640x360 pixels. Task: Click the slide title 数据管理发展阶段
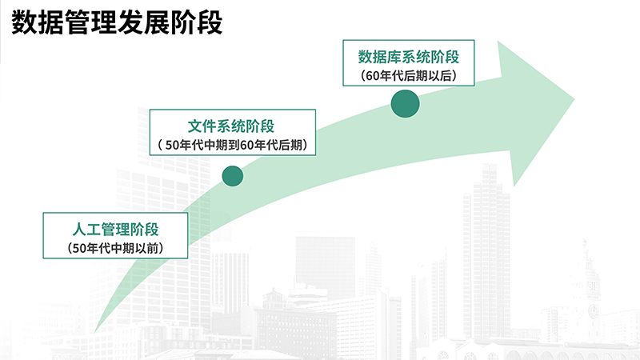click(x=117, y=22)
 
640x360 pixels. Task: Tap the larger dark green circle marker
click(x=405, y=104)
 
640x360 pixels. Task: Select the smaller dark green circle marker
click(x=233, y=176)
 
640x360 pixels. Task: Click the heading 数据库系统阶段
click(x=409, y=57)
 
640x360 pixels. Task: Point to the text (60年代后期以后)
click(x=409, y=75)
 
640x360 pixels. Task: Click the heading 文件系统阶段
click(x=231, y=126)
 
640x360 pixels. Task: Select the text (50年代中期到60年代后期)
click(x=233, y=145)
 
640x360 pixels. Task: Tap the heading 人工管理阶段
click(x=115, y=230)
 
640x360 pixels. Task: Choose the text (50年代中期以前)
click(x=115, y=248)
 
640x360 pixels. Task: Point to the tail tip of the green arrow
click(x=94, y=331)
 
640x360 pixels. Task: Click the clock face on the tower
click(x=593, y=311)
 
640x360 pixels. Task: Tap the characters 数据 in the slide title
click(x=38, y=22)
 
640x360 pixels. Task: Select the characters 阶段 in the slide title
click(x=196, y=22)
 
